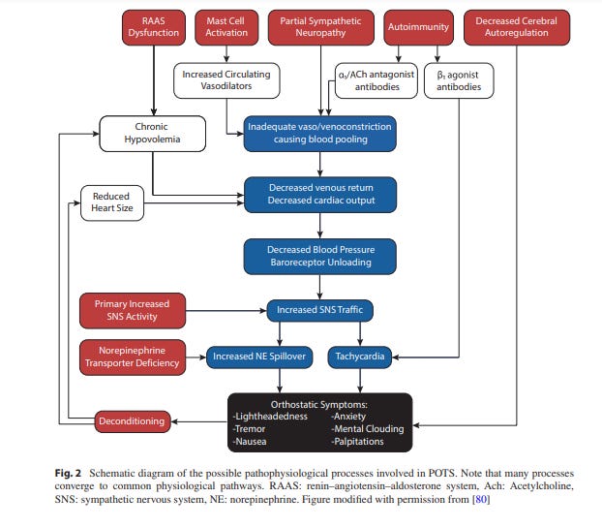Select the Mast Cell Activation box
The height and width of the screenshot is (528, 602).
click(x=226, y=27)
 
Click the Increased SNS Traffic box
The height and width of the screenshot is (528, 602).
click(x=321, y=310)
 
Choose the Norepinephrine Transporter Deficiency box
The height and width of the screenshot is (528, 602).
click(x=133, y=357)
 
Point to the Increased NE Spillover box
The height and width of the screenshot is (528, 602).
click(x=259, y=357)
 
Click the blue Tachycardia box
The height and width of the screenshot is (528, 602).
click(x=360, y=357)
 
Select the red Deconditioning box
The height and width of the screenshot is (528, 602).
click(x=133, y=421)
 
